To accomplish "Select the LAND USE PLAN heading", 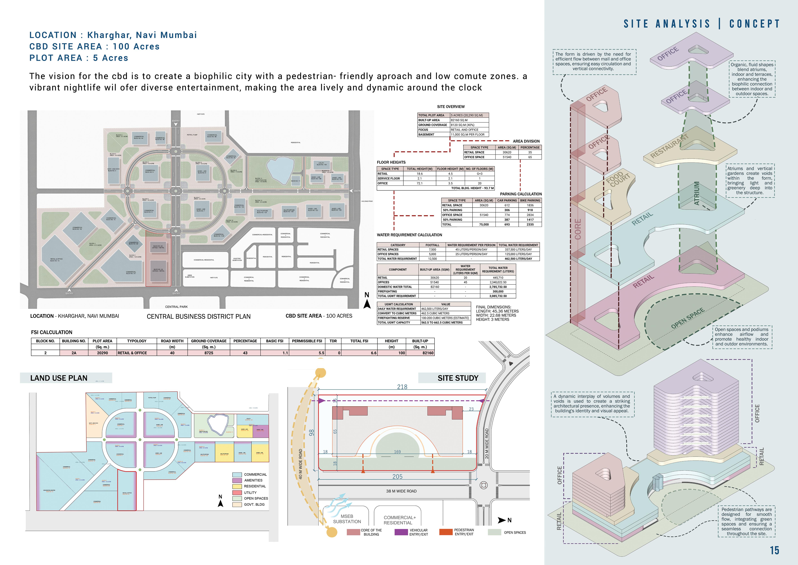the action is coord(59,378).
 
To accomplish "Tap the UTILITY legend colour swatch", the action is coord(237,492).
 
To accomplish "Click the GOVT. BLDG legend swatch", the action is coord(237,504).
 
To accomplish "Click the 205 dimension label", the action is coord(397,477).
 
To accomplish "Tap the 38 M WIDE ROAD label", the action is coord(401,491).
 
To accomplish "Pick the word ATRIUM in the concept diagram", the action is coord(697,193).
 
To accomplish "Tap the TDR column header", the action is coord(333,341).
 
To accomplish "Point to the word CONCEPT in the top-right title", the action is coord(755,24).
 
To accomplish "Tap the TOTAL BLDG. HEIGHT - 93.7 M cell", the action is coord(472,188).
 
